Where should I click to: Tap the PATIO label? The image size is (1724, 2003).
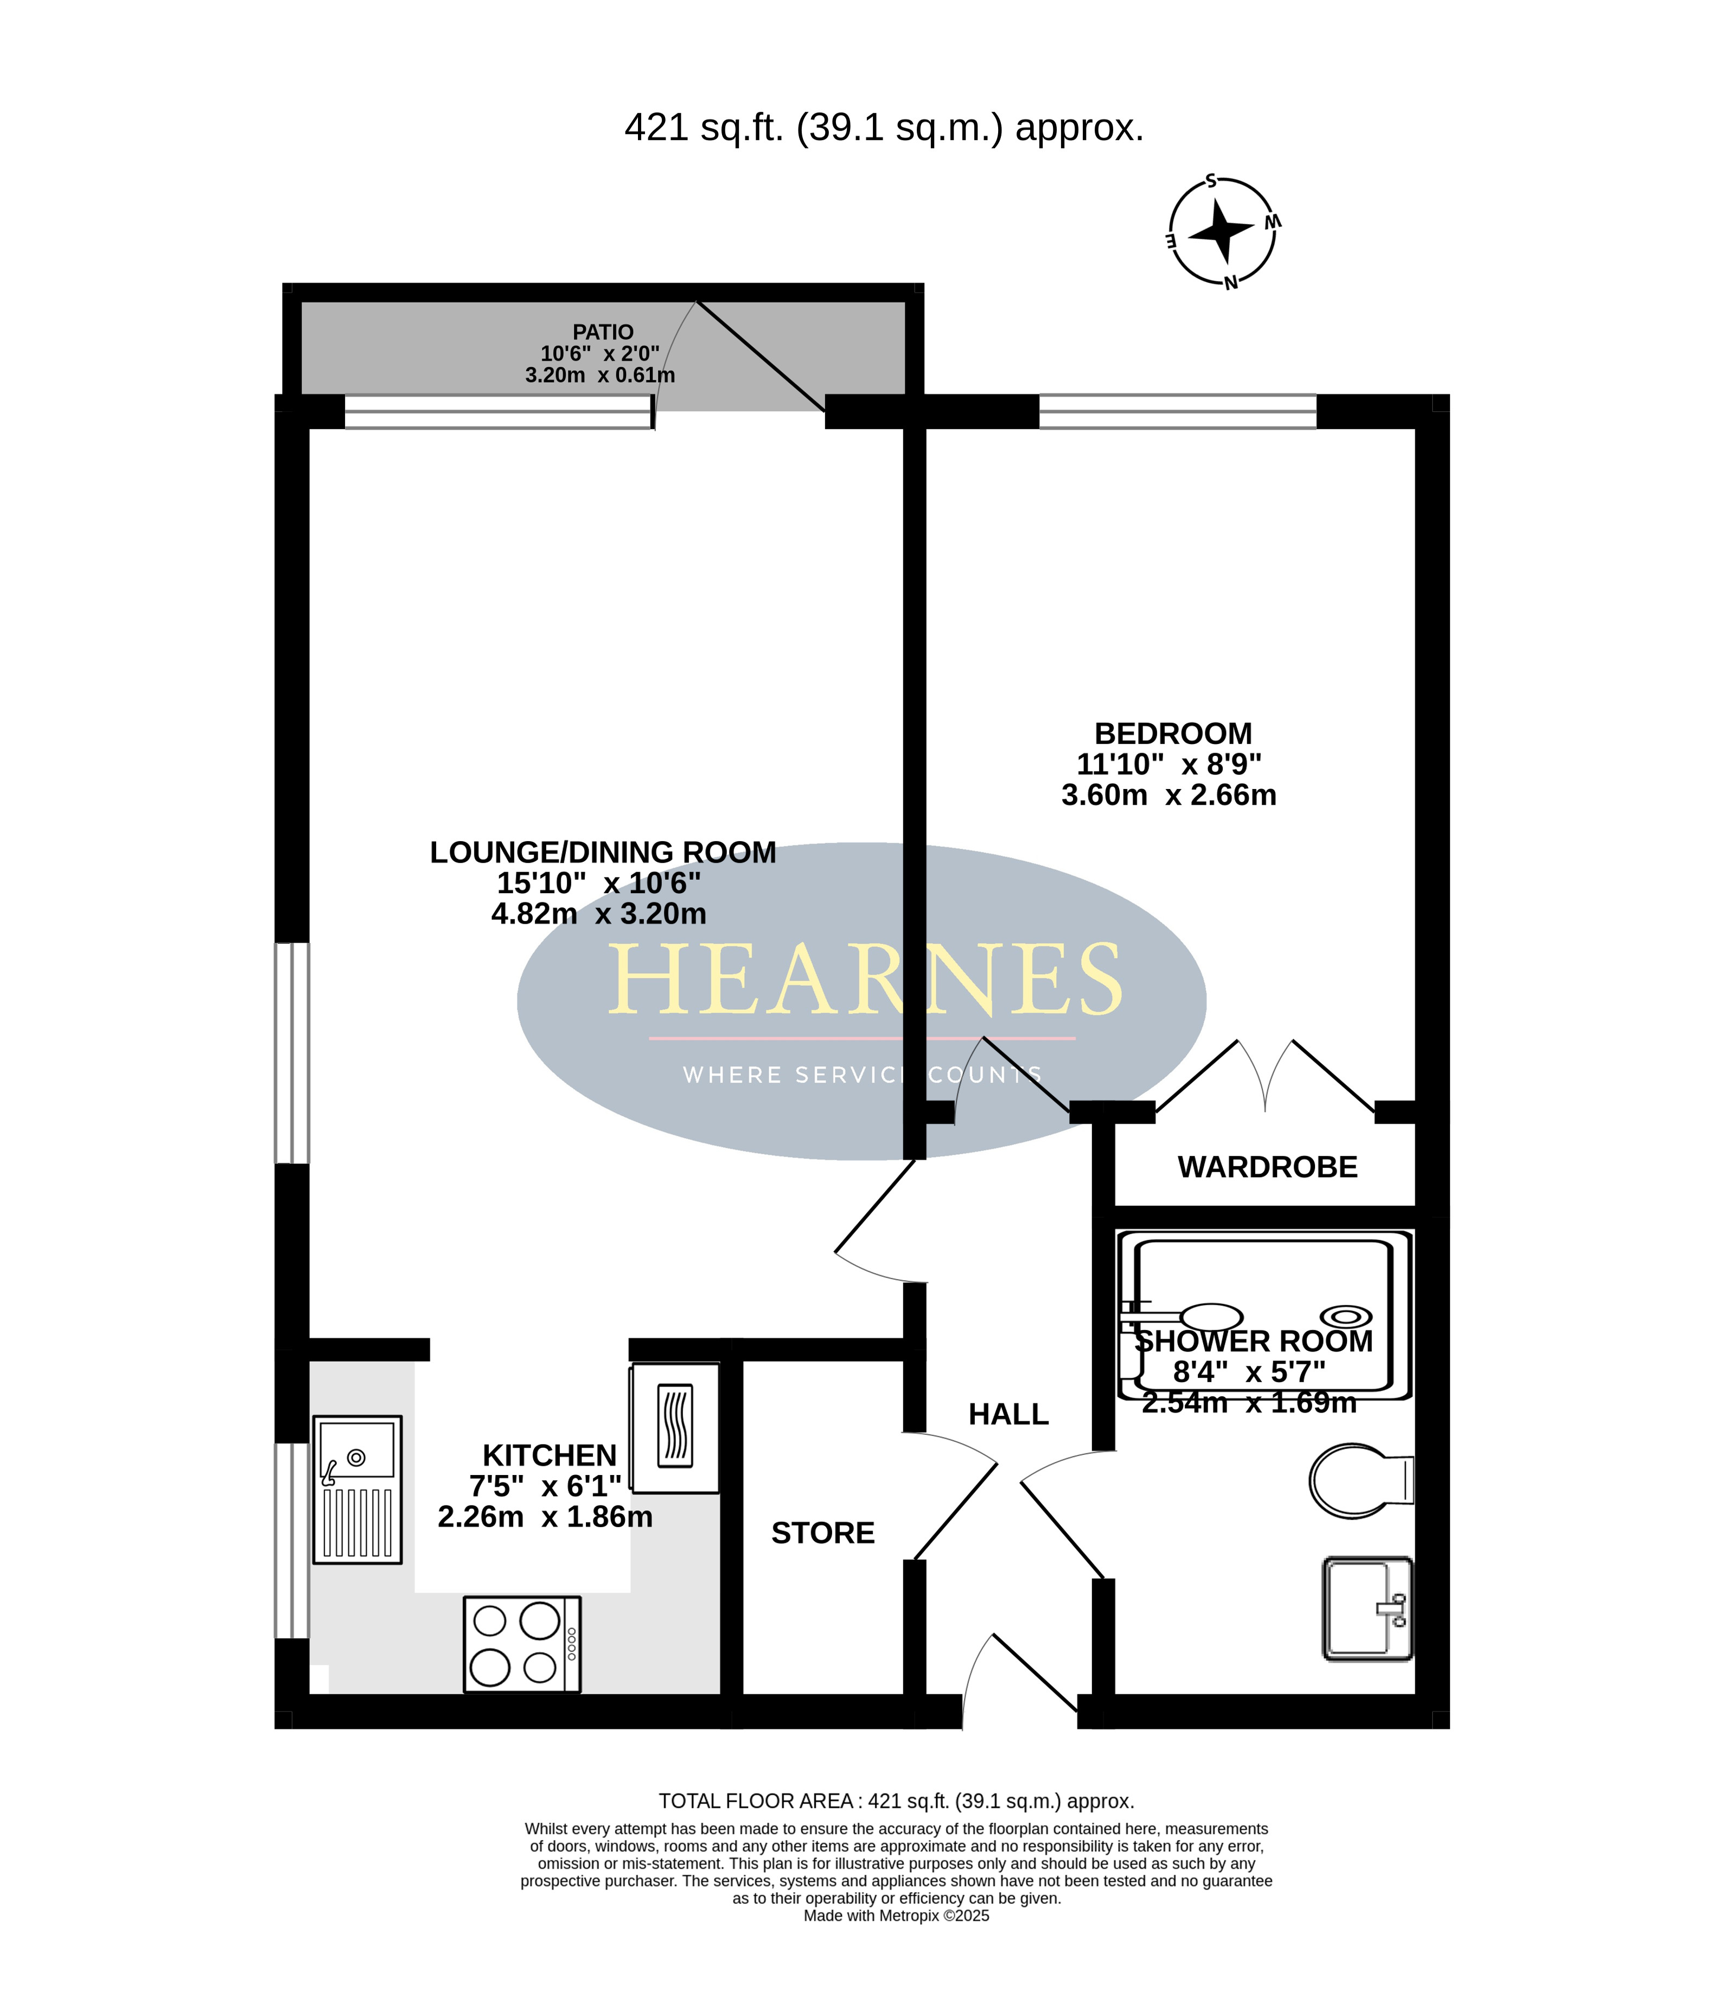click(x=603, y=332)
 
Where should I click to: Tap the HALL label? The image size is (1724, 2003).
click(x=1008, y=1414)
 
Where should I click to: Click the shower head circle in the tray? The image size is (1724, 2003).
click(x=1346, y=1315)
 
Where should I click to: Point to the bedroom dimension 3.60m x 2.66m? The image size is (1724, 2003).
click(x=1169, y=794)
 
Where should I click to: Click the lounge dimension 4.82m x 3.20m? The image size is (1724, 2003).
click(x=598, y=913)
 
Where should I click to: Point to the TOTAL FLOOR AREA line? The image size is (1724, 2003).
click(x=896, y=1801)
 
